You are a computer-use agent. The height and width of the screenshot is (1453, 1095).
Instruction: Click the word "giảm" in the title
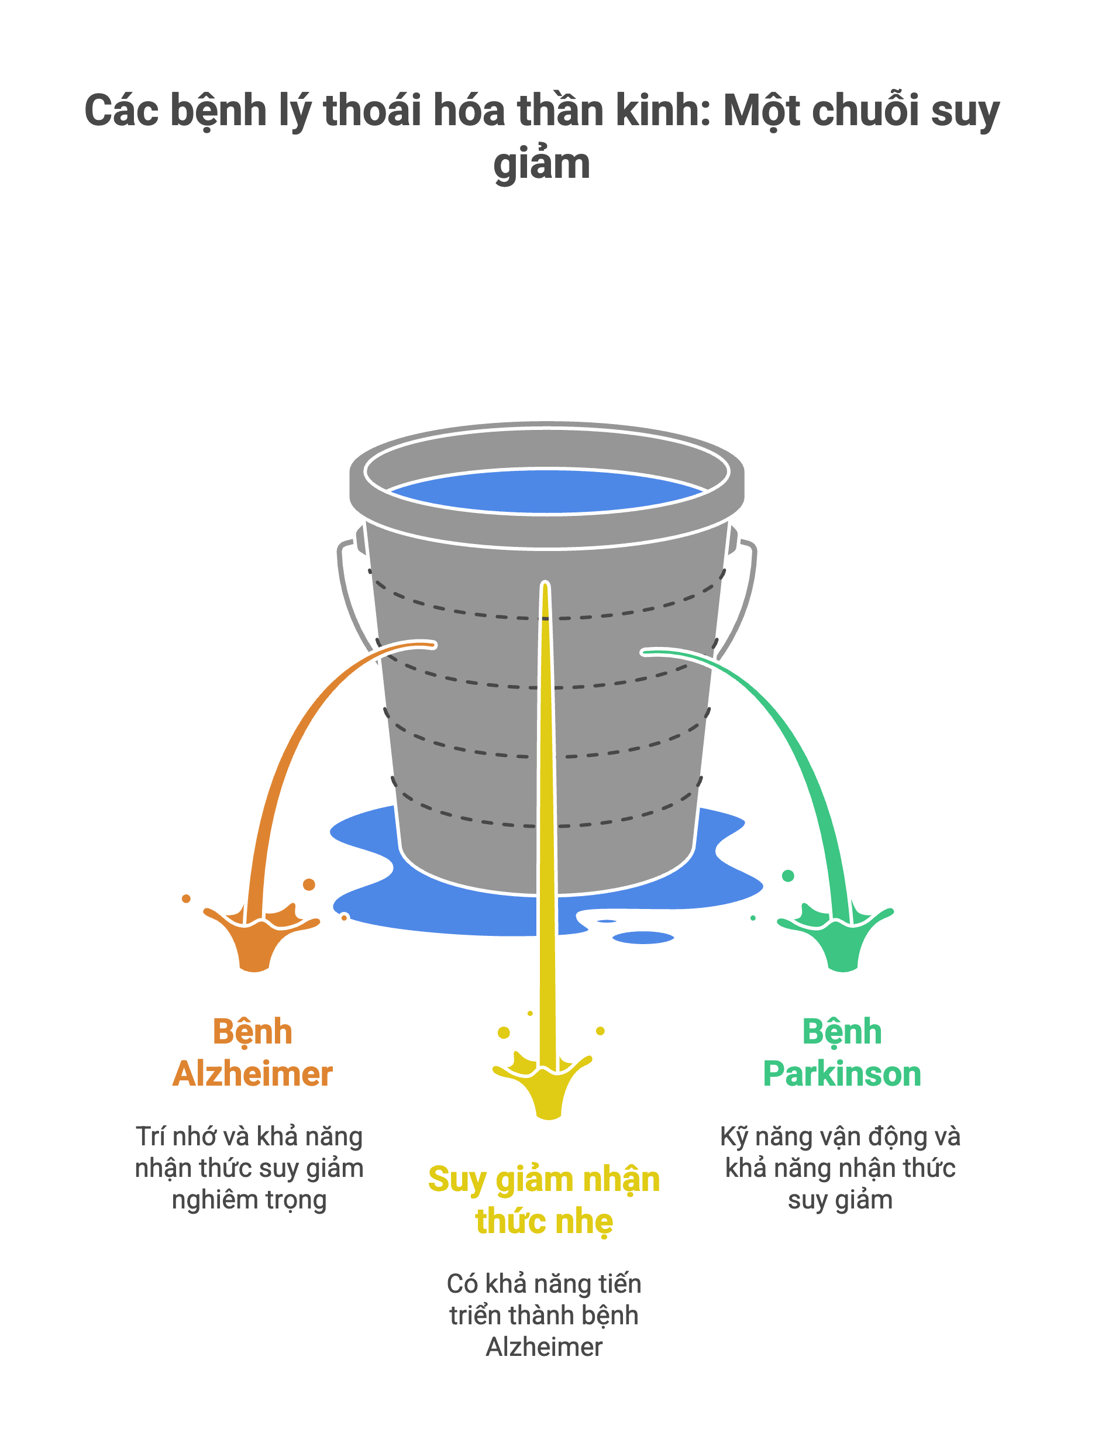click(541, 164)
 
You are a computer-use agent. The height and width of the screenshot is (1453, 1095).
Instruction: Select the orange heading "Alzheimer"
click(253, 1074)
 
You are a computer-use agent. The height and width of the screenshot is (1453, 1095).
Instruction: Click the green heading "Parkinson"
click(842, 1074)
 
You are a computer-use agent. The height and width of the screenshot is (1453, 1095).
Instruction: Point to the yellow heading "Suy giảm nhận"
click(544, 1179)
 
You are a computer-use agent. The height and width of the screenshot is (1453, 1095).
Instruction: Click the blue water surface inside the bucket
click(546, 491)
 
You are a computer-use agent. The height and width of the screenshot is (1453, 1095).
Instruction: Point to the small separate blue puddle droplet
click(643, 937)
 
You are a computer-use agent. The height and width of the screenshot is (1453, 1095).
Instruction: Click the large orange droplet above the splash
click(309, 884)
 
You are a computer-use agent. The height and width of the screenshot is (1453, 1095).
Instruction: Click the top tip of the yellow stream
click(545, 586)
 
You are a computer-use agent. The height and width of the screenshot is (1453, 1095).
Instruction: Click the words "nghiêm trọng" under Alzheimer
click(249, 1200)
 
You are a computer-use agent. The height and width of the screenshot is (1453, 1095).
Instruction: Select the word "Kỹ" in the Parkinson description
click(734, 1137)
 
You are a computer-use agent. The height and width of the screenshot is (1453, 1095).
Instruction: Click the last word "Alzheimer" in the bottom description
click(544, 1347)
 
